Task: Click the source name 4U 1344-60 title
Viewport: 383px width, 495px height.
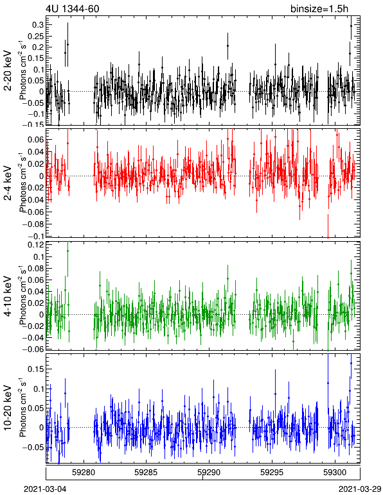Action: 73,8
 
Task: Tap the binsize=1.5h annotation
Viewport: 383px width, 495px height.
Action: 319,8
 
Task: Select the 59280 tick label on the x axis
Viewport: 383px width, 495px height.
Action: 84,473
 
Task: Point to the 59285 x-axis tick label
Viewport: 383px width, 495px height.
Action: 146,473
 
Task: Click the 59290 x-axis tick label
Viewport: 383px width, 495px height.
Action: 209,473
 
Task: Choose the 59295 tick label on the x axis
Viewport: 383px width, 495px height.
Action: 272,473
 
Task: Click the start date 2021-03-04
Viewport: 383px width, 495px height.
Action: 45,489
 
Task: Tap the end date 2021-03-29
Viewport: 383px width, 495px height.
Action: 360,489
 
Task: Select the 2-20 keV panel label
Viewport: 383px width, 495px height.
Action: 8,71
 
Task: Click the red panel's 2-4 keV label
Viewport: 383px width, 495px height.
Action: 8,183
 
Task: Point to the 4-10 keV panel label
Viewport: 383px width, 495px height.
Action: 8,296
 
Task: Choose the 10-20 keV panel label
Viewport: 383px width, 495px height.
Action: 8,408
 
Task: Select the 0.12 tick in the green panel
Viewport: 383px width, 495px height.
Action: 36,245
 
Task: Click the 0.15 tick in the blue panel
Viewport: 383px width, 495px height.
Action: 36,369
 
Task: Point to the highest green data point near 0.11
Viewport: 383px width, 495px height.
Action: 67,251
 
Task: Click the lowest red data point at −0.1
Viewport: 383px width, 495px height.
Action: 328,237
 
